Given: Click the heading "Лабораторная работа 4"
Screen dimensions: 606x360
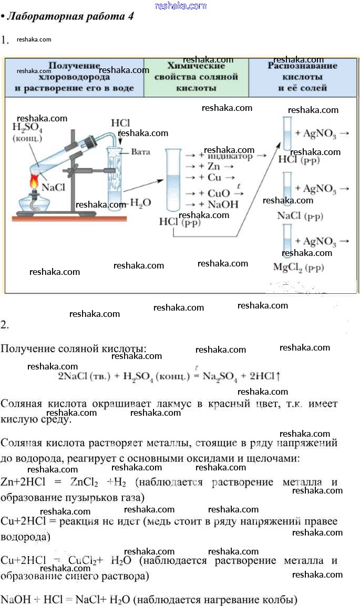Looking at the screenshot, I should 70,16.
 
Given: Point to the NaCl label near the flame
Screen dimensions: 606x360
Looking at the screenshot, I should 53,188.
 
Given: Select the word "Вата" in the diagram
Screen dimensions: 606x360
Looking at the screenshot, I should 140,152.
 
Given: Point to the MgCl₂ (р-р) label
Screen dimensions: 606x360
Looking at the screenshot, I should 299,267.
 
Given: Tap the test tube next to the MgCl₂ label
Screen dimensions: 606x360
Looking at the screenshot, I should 287,240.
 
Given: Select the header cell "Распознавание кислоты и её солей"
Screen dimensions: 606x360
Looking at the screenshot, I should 302,77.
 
